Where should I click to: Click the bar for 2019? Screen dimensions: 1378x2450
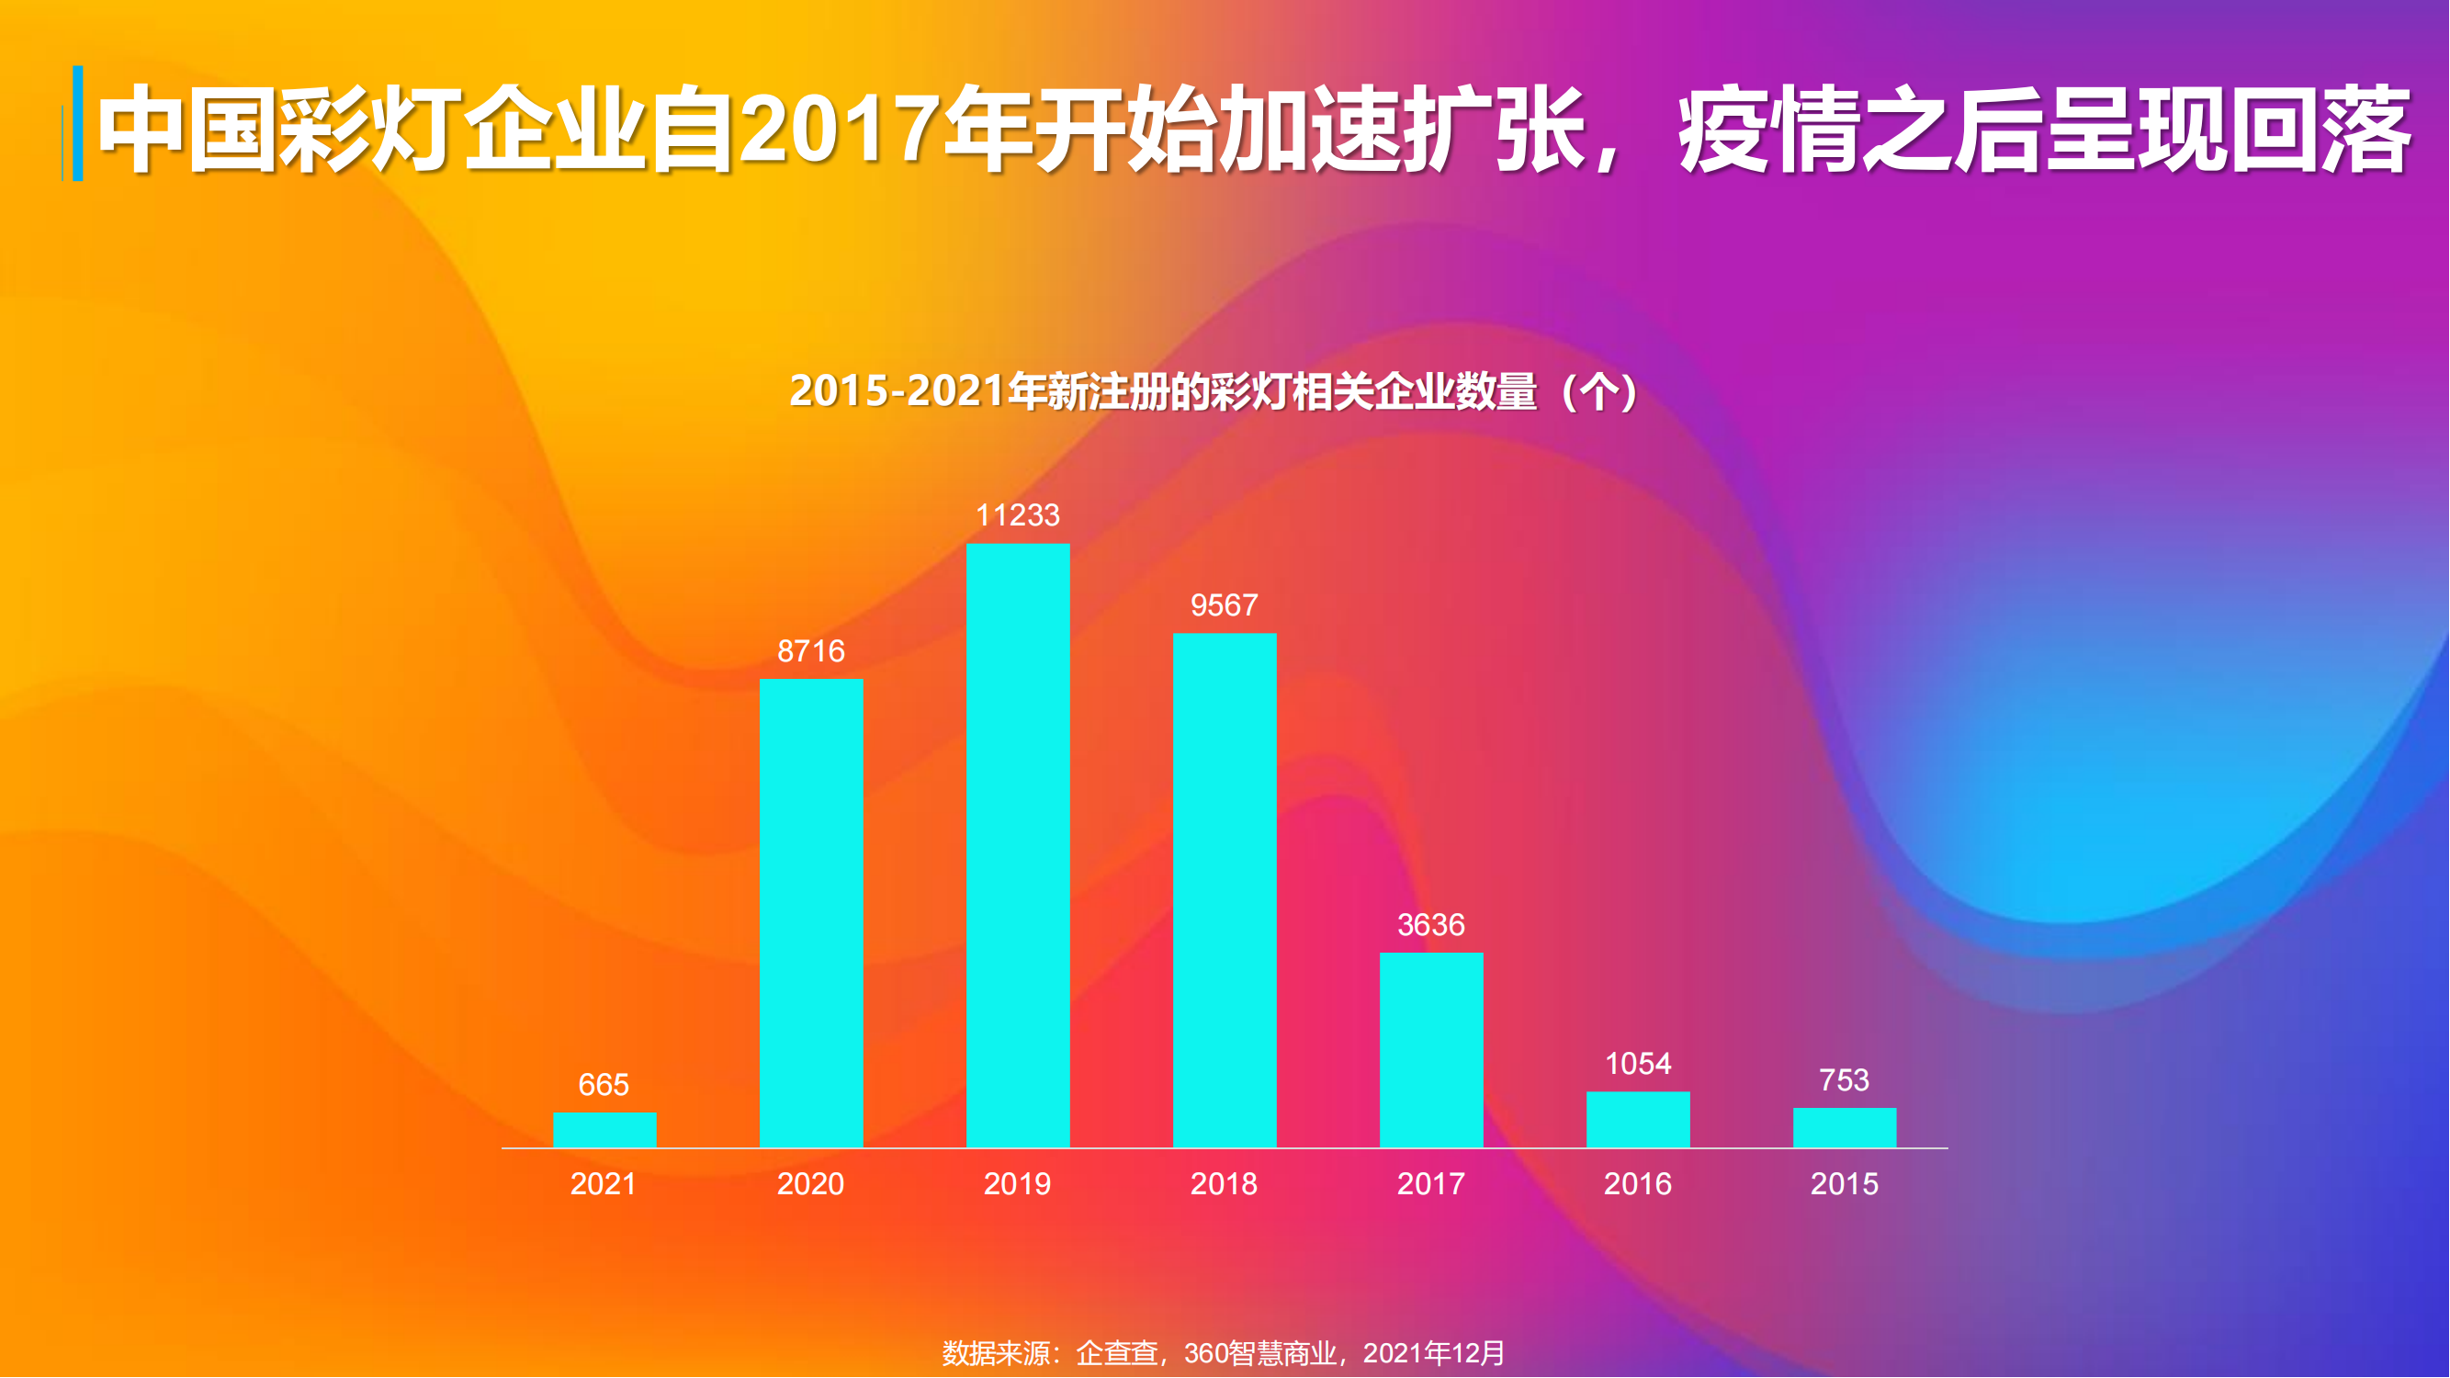pyautogui.click(x=1018, y=845)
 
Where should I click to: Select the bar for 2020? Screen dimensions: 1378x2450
pyautogui.click(x=811, y=913)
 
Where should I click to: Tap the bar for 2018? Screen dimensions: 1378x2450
pyautogui.click(x=1224, y=890)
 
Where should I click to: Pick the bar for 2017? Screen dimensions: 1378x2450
pyautogui.click(x=1431, y=1050)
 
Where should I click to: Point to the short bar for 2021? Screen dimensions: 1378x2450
pyautogui.click(x=604, y=1130)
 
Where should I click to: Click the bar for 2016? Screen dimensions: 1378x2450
pyautogui.click(x=1638, y=1119)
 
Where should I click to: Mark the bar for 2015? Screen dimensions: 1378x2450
pyautogui.click(x=1844, y=1128)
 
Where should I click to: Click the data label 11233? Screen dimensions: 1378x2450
pyautogui.click(x=1018, y=515)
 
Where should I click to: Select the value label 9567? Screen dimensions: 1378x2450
pyautogui.click(x=1224, y=604)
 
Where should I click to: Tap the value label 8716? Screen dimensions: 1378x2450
pyautogui.click(x=811, y=651)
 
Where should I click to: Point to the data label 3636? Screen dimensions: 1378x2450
pyautogui.click(x=1431, y=924)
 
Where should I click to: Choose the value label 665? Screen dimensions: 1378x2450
pyautogui.click(x=604, y=1084)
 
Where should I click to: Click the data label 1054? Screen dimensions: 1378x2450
pyautogui.click(x=1638, y=1063)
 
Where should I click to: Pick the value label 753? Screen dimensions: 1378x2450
pyautogui.click(x=1844, y=1080)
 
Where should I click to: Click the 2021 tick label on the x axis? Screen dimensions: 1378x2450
pyautogui.click(x=603, y=1184)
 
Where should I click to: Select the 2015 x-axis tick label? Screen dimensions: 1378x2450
pyautogui.click(x=1844, y=1184)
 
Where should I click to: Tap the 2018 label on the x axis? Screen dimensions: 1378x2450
pyautogui.click(x=1224, y=1184)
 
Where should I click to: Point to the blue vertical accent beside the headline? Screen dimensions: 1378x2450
pyautogui.click(x=77, y=124)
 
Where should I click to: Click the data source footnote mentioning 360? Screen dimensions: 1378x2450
pyautogui.click(x=1224, y=1352)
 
